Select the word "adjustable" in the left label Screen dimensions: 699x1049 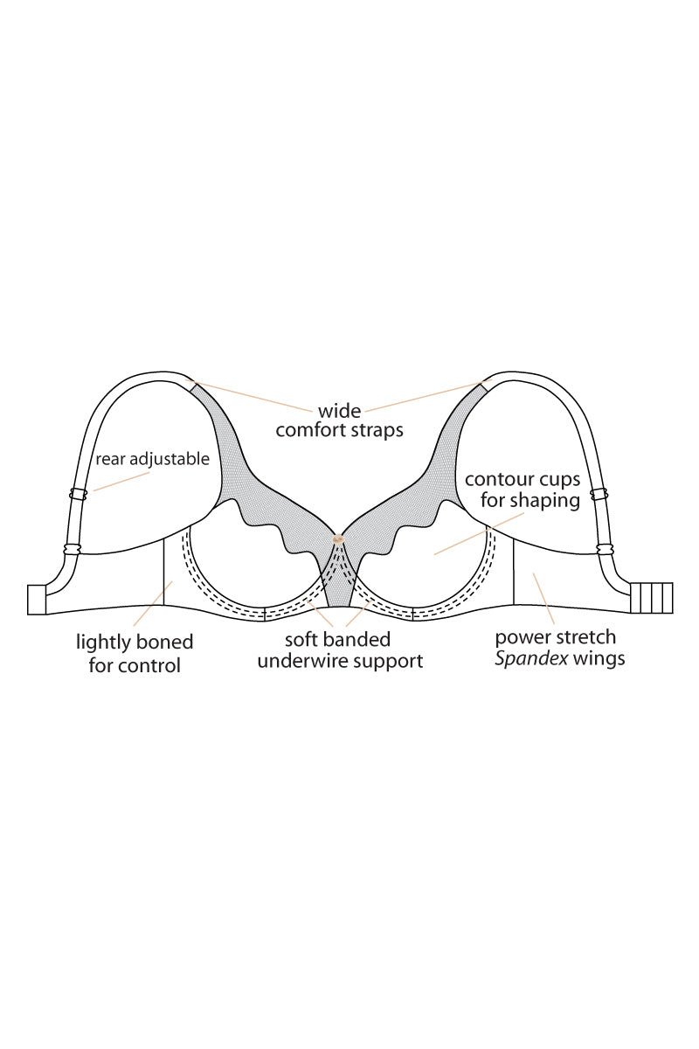click(x=170, y=460)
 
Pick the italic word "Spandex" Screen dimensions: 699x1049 click(x=532, y=659)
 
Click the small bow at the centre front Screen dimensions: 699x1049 click(x=337, y=539)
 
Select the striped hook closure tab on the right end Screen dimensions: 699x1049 click(x=652, y=598)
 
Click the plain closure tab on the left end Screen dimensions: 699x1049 click(x=37, y=600)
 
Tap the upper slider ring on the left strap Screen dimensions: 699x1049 click(x=78, y=494)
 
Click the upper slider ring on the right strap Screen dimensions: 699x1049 click(x=599, y=494)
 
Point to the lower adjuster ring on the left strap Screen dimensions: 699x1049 click(x=73, y=549)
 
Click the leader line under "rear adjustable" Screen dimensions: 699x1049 click(x=121, y=482)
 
